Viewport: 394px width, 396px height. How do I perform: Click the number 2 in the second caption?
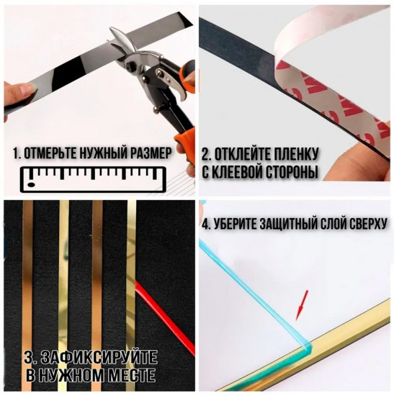[205, 154]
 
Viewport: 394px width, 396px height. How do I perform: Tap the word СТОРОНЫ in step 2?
[292, 173]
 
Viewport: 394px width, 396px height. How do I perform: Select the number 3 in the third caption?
[28, 357]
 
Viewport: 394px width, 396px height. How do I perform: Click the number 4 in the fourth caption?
[206, 224]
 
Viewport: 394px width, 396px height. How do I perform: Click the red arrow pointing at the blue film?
[300, 305]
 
